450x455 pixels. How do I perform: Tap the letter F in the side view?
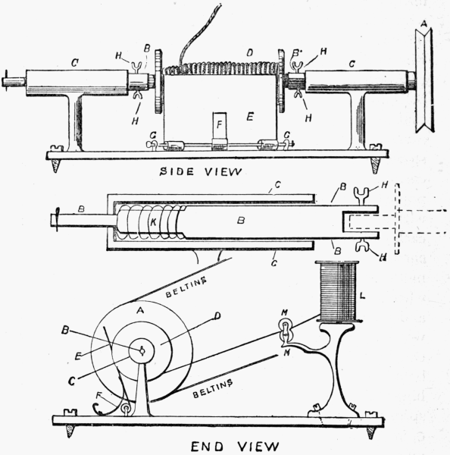[219, 121]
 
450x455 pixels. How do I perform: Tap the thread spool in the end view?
[337, 291]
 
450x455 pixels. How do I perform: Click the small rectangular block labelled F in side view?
[219, 129]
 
